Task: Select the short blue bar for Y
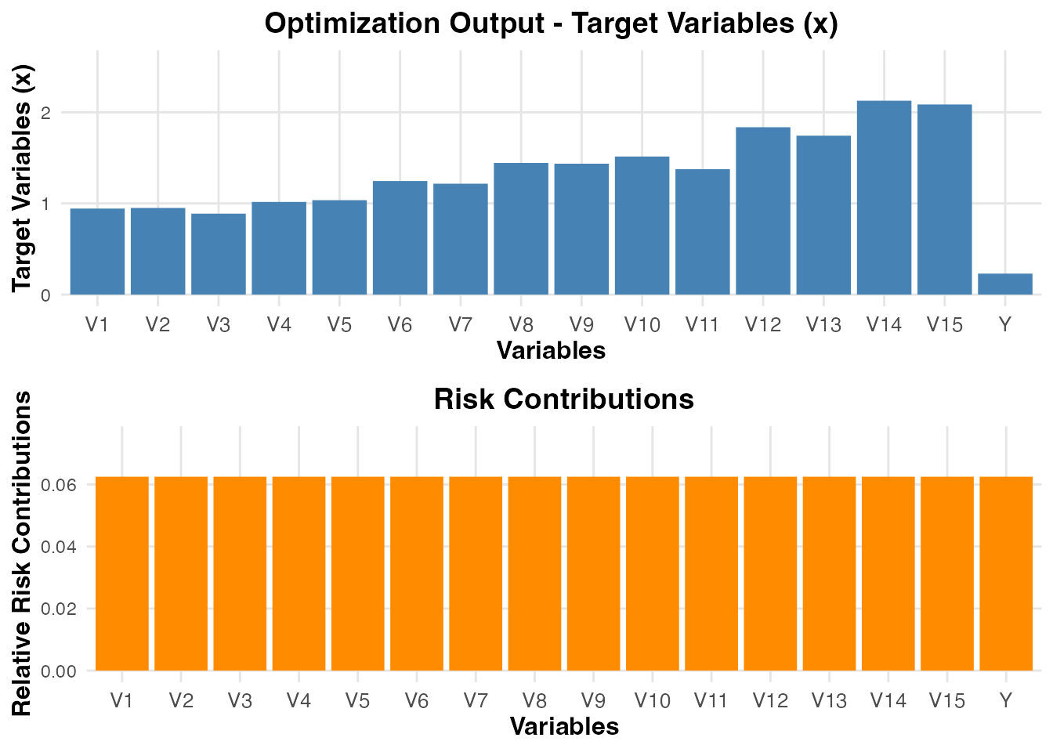point(1005,284)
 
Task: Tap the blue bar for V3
point(219,254)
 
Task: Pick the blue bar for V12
point(763,211)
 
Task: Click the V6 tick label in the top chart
point(400,325)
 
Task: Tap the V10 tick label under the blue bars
point(642,325)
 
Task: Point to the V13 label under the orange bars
point(829,700)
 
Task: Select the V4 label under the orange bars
point(299,700)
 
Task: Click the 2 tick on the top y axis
point(46,113)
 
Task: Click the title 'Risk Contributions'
point(564,399)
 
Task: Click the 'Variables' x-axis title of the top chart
point(552,350)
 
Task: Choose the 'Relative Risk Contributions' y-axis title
point(22,553)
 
